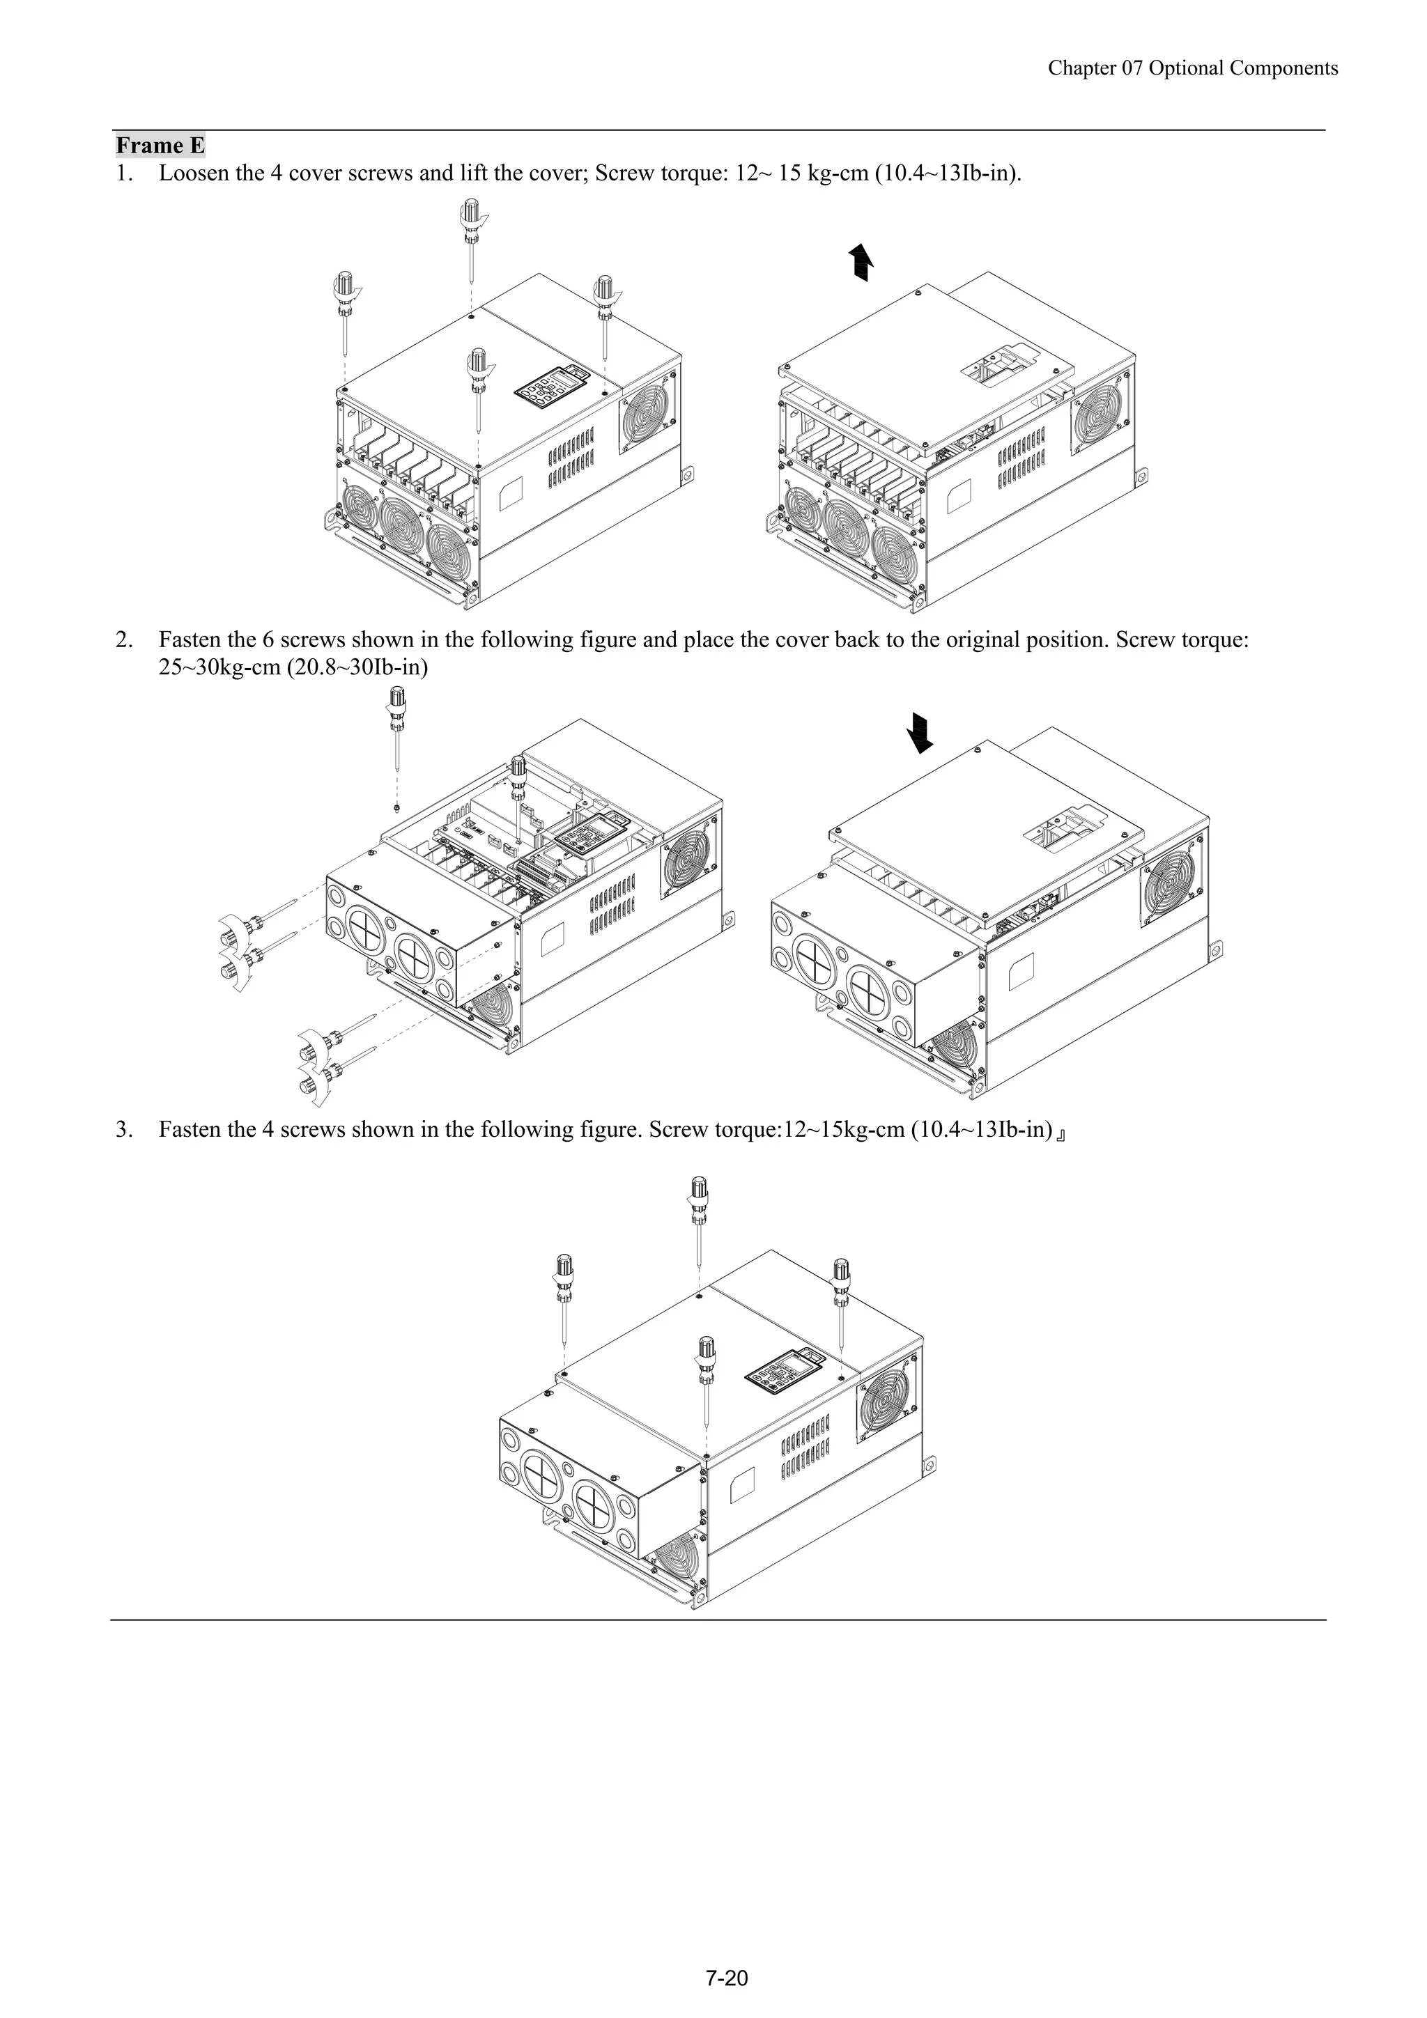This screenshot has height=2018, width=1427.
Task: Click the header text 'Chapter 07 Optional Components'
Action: [x=1192, y=68]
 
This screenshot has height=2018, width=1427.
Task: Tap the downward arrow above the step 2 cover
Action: [x=920, y=732]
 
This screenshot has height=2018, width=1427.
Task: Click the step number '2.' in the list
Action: [x=123, y=640]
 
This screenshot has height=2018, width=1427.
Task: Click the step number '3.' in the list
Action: [x=123, y=1129]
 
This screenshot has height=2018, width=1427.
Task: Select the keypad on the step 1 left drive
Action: [x=550, y=386]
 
